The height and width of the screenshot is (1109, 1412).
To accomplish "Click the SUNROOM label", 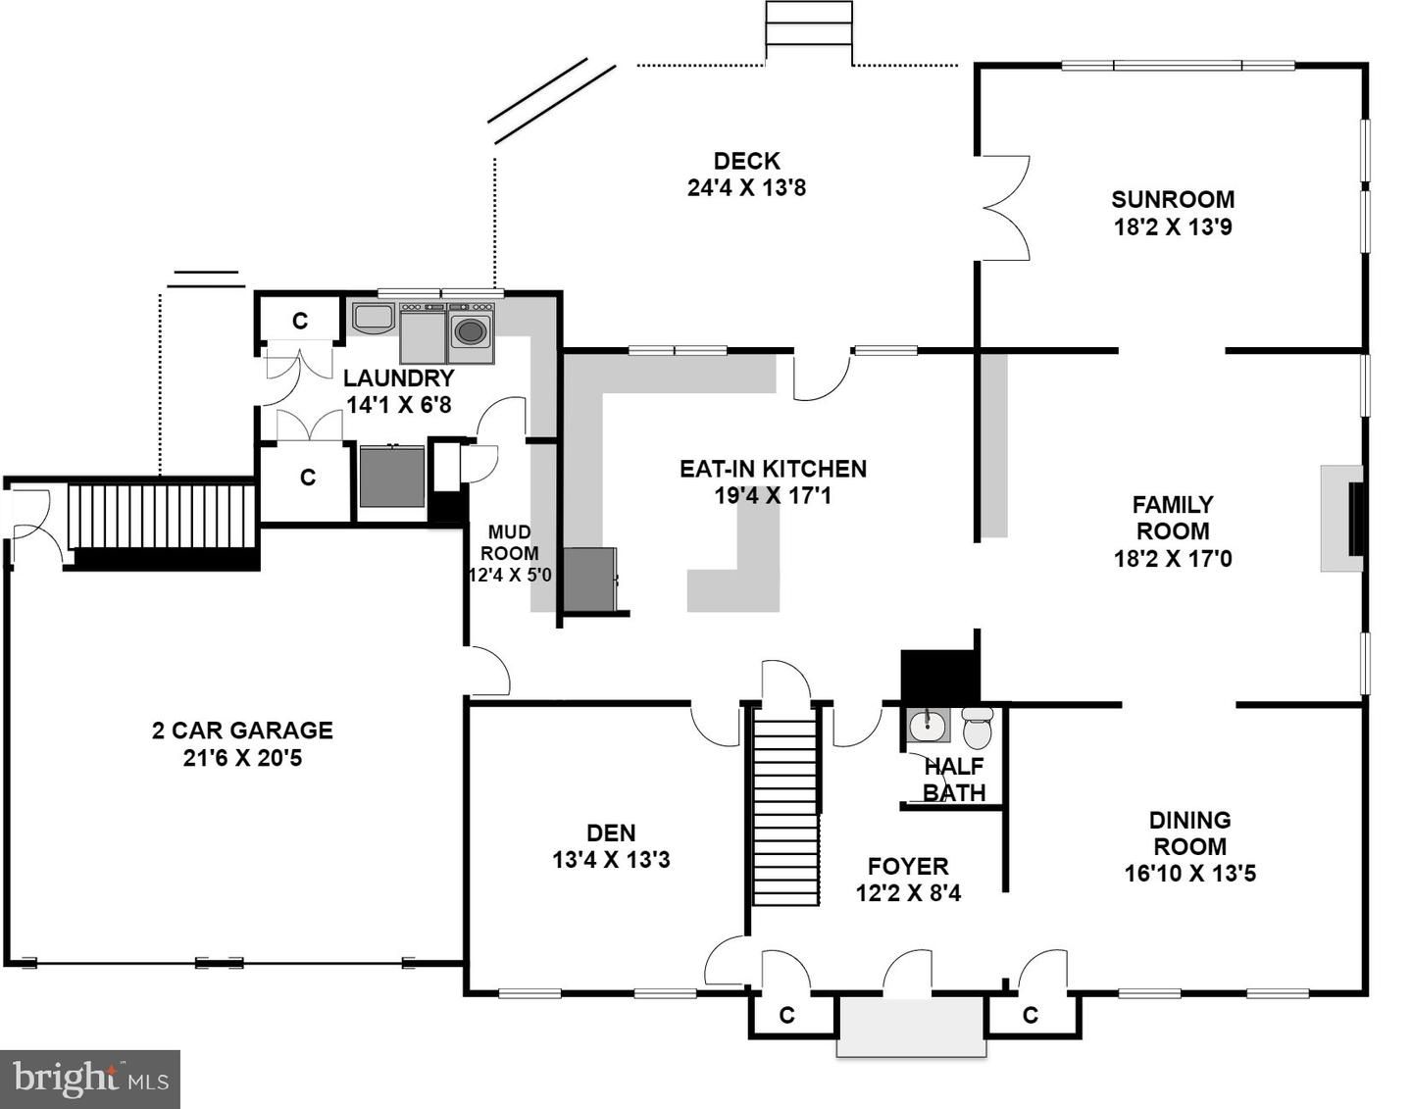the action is (1172, 199).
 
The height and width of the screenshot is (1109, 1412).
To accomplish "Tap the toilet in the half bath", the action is (977, 728).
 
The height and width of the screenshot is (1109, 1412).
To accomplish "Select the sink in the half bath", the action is (926, 726).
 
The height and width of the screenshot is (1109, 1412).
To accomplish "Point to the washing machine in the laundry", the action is (471, 332).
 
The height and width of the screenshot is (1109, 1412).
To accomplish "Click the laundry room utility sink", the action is (373, 317).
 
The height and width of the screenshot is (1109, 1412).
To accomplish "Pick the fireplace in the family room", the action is (1341, 519).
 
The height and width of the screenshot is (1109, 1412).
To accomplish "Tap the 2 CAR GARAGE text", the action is (242, 731).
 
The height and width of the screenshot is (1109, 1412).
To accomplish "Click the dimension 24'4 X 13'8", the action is (746, 188).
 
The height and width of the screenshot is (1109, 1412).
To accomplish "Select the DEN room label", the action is (611, 832).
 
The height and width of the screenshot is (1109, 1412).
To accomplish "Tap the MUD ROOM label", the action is (510, 542).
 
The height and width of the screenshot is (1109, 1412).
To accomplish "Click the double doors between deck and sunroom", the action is (1006, 208).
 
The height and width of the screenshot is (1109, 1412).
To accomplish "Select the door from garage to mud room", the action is (487, 671).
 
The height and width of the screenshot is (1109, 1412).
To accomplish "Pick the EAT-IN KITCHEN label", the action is (774, 469).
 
